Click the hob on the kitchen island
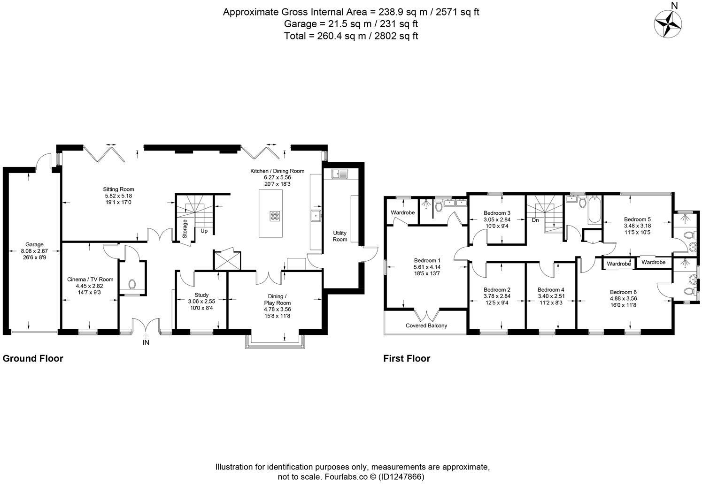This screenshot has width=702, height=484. click(x=275, y=216)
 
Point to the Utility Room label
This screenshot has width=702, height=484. click(x=340, y=236)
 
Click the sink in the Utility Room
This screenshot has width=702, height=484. click(x=339, y=174)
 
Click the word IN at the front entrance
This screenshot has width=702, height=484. click(x=146, y=343)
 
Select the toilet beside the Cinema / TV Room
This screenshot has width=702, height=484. click(x=132, y=284)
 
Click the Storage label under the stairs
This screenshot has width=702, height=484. click(x=185, y=229)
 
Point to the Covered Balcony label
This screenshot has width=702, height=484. click(x=426, y=325)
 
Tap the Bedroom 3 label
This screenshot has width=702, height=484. click(x=497, y=212)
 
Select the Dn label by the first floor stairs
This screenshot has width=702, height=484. click(x=535, y=219)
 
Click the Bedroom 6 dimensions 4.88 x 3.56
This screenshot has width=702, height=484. click(x=623, y=298)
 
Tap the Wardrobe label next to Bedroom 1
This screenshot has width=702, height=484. click(x=402, y=212)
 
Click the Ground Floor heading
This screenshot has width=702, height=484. click(x=33, y=359)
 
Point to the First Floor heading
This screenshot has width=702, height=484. click(x=407, y=359)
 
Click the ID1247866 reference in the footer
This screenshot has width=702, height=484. click(x=402, y=476)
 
